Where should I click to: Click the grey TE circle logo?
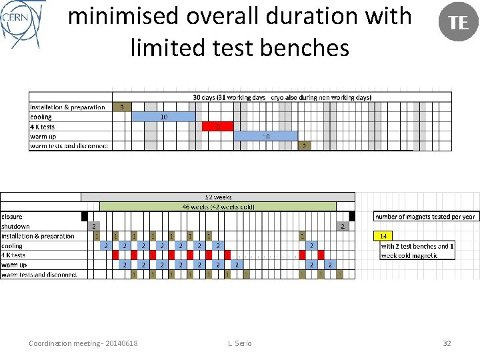(x=458, y=22)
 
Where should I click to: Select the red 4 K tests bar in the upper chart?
(x=216, y=126)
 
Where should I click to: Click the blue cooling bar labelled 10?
(x=163, y=117)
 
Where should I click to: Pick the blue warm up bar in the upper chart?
(x=265, y=136)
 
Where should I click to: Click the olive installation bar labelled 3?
(x=121, y=107)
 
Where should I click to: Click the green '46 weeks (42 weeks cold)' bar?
(x=218, y=207)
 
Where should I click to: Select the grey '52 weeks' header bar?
(x=218, y=197)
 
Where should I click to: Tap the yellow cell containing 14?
(x=384, y=236)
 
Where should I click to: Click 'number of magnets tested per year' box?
(x=425, y=217)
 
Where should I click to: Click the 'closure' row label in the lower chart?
(x=12, y=217)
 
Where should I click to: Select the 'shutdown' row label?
(x=16, y=226)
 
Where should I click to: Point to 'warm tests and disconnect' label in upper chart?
(x=69, y=146)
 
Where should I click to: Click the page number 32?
(x=447, y=343)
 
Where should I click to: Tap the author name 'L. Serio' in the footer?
(x=239, y=343)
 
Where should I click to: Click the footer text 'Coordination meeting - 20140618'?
(x=83, y=343)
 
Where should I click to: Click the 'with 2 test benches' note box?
(x=417, y=251)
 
